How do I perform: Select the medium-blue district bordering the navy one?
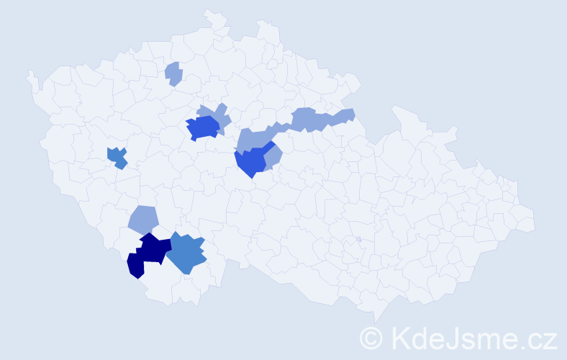[x=186, y=253]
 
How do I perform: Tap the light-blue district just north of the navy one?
[x=143, y=219]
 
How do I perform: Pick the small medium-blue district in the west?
[x=116, y=156]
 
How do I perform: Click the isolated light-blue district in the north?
[x=173, y=73]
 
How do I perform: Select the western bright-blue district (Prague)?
[x=203, y=128]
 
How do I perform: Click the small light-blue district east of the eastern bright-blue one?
[x=274, y=158]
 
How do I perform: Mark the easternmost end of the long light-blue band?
[x=346, y=115]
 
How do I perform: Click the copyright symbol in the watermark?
[x=371, y=337]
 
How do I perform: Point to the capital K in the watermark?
[x=398, y=337]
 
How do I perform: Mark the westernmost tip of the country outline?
[x=29, y=73]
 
